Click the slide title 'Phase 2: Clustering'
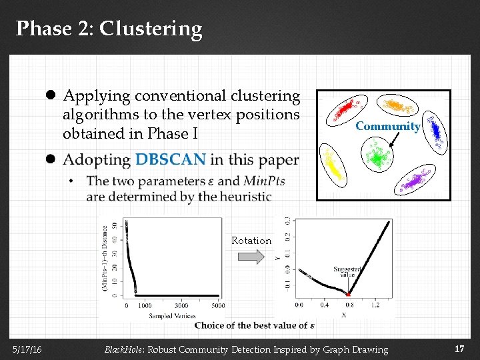coord(109,29)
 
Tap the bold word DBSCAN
coord(170,160)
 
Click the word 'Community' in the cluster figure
coord(387,126)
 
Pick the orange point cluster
coord(398,106)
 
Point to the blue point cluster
coord(435,131)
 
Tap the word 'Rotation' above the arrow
coord(251,241)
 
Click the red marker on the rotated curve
coord(348,293)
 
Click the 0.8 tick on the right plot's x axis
coord(349,305)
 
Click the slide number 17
coord(459,349)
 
